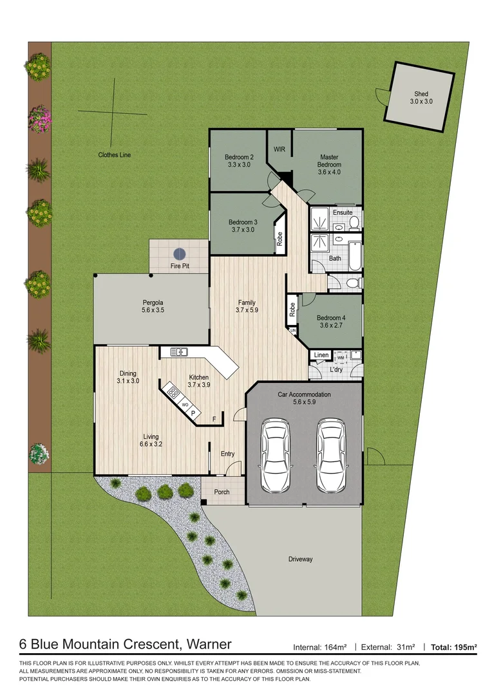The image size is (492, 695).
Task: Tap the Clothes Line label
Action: (x=115, y=155)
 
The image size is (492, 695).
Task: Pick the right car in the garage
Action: (x=330, y=454)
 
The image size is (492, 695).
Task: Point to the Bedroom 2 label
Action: (x=239, y=161)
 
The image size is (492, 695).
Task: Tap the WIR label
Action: (x=279, y=149)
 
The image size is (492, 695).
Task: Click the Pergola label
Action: (x=153, y=306)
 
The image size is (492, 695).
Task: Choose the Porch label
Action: (x=222, y=492)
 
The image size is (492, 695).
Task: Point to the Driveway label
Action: (x=300, y=559)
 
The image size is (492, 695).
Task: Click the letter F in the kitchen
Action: (x=214, y=420)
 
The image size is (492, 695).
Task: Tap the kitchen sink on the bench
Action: (x=178, y=351)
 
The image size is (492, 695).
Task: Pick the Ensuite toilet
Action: (x=354, y=223)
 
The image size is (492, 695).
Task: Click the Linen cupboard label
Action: (x=321, y=355)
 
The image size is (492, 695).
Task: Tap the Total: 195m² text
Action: (x=454, y=647)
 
